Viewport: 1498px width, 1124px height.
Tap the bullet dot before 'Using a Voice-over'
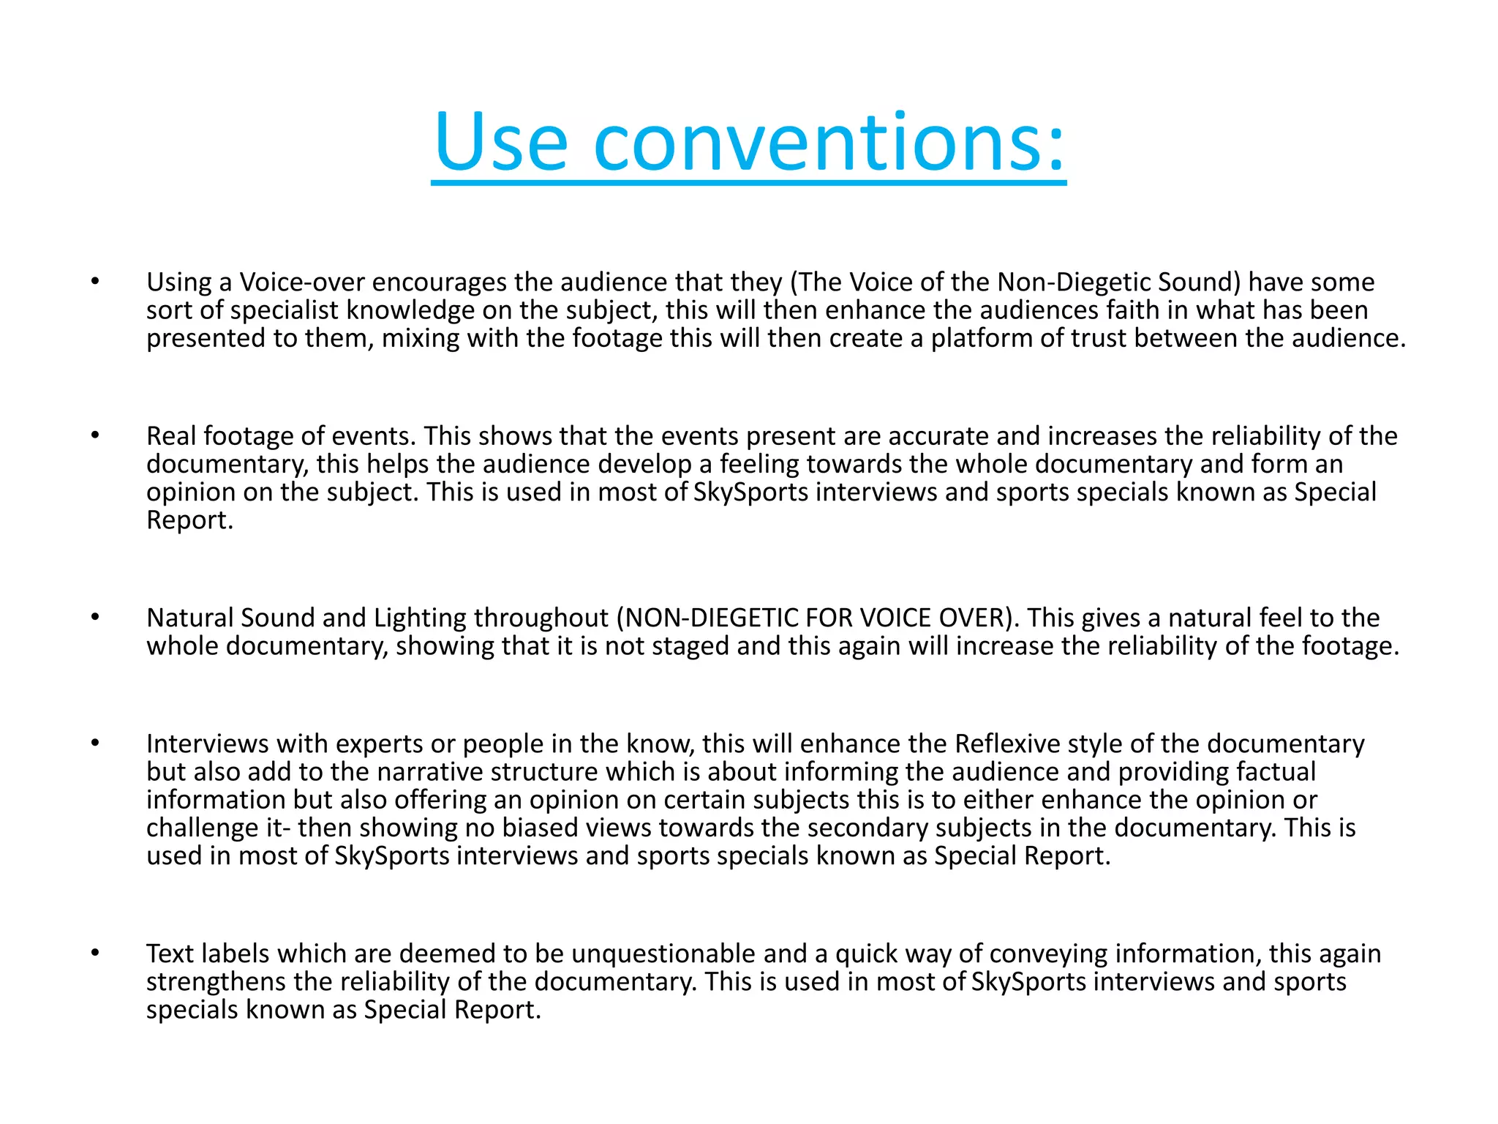94,281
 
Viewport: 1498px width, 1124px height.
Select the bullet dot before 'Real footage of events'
94,435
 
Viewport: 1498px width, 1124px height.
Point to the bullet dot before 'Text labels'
94,953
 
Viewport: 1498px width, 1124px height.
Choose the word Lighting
420,618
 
